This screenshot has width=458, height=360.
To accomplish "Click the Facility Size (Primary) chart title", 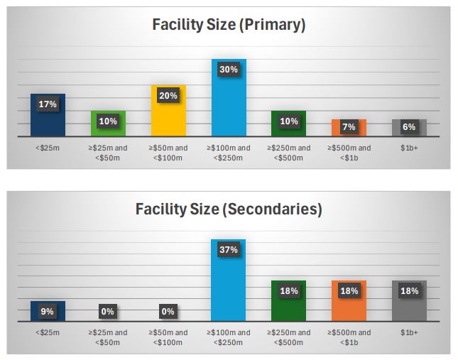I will [x=229, y=26].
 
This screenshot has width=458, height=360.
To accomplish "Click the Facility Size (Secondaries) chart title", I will [x=229, y=209].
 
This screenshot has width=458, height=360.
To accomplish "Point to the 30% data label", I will [x=229, y=70].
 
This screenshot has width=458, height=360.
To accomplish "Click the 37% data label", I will [x=229, y=250].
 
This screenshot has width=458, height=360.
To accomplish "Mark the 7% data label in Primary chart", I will [x=349, y=127].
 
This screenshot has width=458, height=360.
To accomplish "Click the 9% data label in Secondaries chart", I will [x=48, y=311].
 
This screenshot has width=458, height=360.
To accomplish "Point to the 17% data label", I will [x=48, y=104].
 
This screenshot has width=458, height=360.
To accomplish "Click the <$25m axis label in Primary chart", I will [x=48, y=148].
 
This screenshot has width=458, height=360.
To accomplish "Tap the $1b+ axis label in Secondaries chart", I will [x=409, y=332].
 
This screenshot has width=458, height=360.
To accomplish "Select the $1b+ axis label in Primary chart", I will [x=409, y=148].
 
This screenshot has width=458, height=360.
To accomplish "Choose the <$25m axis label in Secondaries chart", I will [x=48, y=332].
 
